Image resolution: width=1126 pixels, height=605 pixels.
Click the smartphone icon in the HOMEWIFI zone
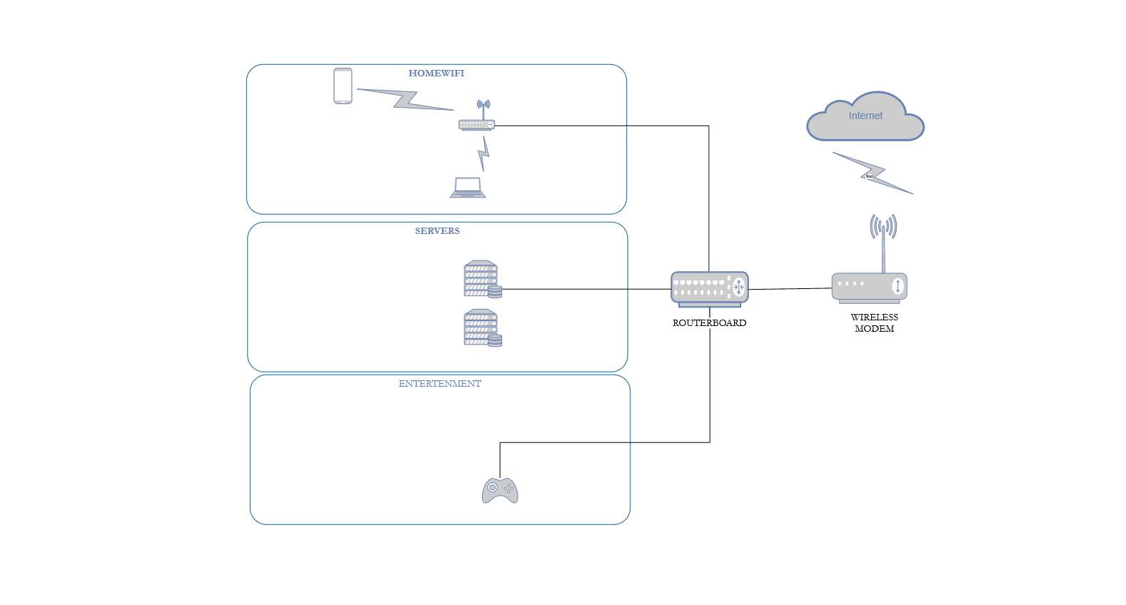click(x=343, y=86)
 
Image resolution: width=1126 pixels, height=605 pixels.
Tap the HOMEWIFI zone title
click(x=436, y=73)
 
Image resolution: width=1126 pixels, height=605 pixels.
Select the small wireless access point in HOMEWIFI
click(x=476, y=124)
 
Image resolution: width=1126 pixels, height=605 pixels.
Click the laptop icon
click(x=468, y=188)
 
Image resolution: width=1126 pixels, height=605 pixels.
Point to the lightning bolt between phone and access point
click(x=406, y=100)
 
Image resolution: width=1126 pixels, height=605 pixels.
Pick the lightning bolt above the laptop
click(x=484, y=153)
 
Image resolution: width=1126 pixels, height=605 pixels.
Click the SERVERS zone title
click(x=437, y=231)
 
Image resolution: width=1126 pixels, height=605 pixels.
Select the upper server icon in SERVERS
click(x=482, y=279)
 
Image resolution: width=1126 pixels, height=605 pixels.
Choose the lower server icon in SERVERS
click(x=482, y=328)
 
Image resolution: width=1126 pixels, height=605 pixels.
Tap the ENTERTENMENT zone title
click(x=440, y=384)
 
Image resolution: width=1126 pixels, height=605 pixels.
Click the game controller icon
click(x=500, y=491)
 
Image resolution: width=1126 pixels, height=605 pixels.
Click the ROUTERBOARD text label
click(x=709, y=323)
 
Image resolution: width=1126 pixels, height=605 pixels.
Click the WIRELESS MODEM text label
click(x=874, y=323)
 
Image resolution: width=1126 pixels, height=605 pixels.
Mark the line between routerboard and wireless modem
click(x=790, y=289)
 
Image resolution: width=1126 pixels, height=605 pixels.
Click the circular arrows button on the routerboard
click(x=739, y=288)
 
